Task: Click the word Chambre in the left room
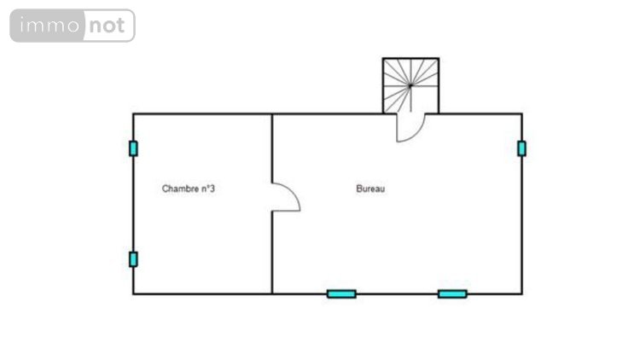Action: (180, 189)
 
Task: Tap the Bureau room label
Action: (370, 189)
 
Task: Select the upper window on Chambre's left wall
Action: (133, 148)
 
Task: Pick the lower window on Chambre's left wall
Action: (133, 259)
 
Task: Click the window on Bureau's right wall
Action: (521, 148)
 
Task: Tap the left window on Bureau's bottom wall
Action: (341, 293)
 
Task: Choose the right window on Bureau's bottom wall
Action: (452, 293)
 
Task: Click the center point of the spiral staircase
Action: (410, 85)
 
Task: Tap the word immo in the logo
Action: (49, 26)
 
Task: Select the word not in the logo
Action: (107, 26)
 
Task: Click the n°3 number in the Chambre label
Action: (207, 189)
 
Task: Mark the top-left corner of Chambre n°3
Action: (133, 113)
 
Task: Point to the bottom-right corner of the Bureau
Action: (521, 293)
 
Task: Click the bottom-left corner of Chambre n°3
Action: (133, 293)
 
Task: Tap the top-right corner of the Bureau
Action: (521, 113)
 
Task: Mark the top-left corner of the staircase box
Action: (383, 58)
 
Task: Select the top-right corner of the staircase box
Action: (439, 58)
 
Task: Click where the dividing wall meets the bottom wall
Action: (272, 293)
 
